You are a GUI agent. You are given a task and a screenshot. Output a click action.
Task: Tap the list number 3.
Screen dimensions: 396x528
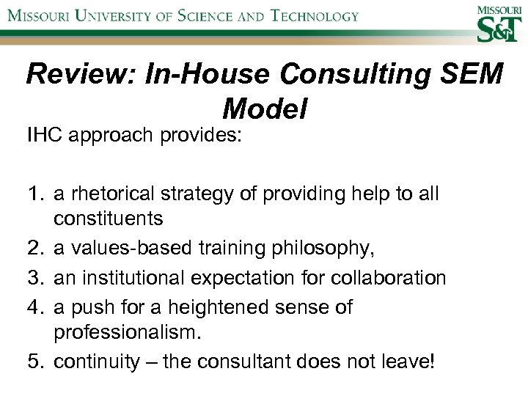click(35, 279)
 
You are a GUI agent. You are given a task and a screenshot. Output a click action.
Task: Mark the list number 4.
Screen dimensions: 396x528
click(35, 307)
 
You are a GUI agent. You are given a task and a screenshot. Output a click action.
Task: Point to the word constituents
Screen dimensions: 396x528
click(108, 219)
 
